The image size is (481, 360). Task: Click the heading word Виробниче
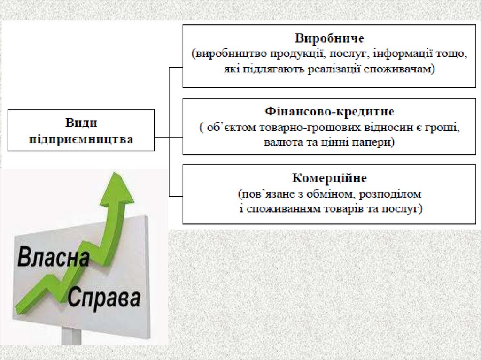coord(330,38)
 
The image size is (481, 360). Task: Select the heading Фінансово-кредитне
coord(329,112)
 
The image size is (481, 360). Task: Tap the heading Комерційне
coord(329,178)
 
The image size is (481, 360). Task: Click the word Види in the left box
coord(81,123)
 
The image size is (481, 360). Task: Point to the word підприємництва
coord(81,139)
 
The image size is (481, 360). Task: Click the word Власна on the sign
coord(54,259)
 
